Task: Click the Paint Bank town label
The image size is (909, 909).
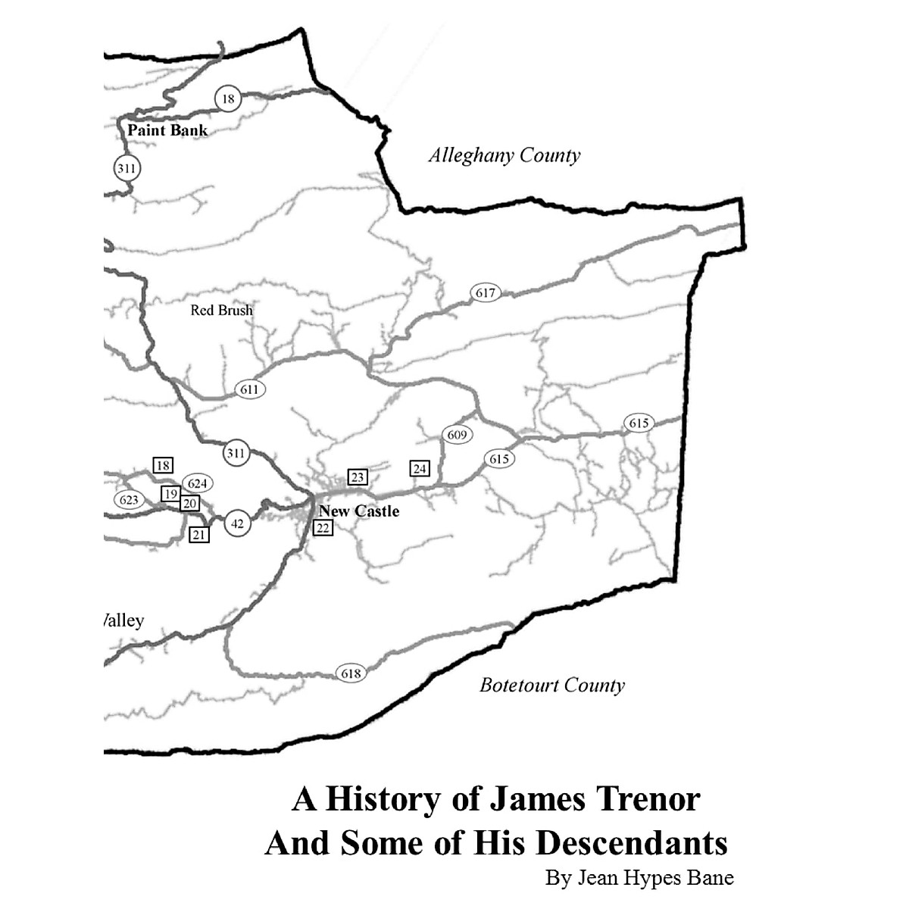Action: pyautogui.click(x=167, y=130)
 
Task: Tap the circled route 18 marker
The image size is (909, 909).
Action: pyautogui.click(x=228, y=98)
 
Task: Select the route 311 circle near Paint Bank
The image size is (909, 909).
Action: pyautogui.click(x=127, y=167)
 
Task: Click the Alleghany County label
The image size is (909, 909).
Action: pyautogui.click(x=504, y=156)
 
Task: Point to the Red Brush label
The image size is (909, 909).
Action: pyautogui.click(x=221, y=311)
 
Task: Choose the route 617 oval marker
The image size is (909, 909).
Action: pyautogui.click(x=486, y=293)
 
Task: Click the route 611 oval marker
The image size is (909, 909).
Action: pyautogui.click(x=250, y=390)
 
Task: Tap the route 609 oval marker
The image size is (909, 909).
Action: pyautogui.click(x=457, y=435)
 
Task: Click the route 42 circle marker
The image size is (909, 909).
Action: pyautogui.click(x=238, y=523)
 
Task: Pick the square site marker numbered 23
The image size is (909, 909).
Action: pyautogui.click(x=358, y=477)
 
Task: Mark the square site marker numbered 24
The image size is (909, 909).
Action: pyautogui.click(x=420, y=469)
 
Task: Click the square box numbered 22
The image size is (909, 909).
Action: pyautogui.click(x=323, y=528)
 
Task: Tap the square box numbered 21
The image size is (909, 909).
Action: pyautogui.click(x=198, y=535)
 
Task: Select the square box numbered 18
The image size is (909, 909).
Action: pyautogui.click(x=163, y=465)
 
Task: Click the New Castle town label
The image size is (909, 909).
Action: pyautogui.click(x=359, y=511)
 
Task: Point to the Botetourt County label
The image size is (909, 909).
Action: pyautogui.click(x=552, y=686)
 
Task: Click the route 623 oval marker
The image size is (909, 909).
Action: pyautogui.click(x=129, y=500)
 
